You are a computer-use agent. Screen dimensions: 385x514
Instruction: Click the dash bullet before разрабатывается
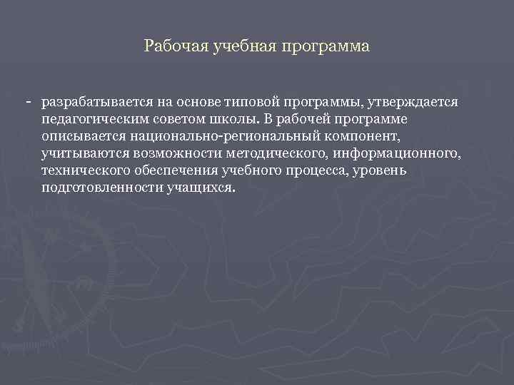pos(28,103)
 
